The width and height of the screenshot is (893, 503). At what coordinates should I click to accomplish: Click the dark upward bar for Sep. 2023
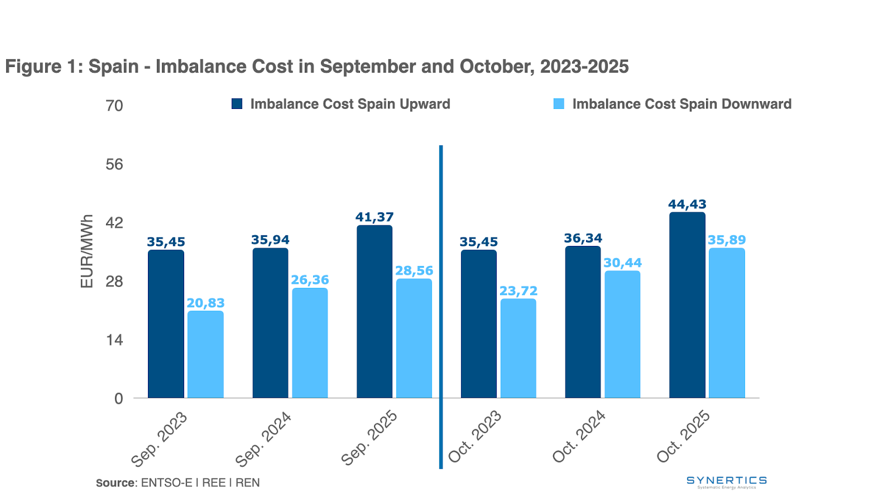click(166, 324)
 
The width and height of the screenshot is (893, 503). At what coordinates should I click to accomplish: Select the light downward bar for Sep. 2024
click(310, 343)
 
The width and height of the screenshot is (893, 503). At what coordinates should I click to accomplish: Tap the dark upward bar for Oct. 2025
click(687, 305)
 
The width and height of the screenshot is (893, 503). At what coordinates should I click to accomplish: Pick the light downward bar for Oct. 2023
click(518, 348)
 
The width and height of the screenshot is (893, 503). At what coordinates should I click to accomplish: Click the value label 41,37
click(375, 217)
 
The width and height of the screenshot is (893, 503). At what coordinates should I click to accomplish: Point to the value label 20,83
click(205, 303)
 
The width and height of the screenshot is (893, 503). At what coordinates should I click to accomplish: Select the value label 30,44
click(622, 263)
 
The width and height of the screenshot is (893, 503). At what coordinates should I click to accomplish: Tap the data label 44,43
click(687, 204)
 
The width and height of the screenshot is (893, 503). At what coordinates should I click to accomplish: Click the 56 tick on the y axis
click(114, 164)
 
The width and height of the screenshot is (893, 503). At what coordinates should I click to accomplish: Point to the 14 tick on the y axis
click(114, 340)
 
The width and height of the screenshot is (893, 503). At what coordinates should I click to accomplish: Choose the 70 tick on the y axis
click(114, 106)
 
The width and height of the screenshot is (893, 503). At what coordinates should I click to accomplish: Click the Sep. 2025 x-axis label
click(369, 438)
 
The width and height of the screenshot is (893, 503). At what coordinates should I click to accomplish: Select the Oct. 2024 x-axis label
click(579, 436)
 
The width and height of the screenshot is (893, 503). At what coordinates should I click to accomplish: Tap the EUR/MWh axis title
click(87, 251)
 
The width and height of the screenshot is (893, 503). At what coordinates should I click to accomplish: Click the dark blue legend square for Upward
click(237, 104)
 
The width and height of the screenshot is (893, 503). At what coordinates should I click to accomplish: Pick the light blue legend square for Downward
click(559, 104)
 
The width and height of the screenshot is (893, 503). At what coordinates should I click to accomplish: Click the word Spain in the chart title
click(113, 67)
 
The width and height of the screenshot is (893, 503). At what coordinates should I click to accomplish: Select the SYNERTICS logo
click(726, 482)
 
